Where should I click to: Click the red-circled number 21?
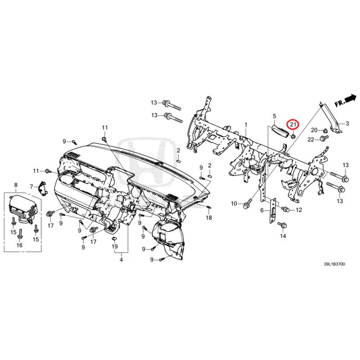point(294,125)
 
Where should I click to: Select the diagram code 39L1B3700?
point(334,264)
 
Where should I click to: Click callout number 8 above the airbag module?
point(16,185)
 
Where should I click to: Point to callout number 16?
point(19,245)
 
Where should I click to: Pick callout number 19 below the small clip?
point(115,246)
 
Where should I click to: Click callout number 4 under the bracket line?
point(121,260)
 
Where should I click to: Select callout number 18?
point(209,217)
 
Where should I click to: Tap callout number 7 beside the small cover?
point(31,186)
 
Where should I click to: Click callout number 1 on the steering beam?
point(246,125)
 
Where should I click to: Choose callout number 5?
point(274,116)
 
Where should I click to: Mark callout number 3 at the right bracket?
point(347,123)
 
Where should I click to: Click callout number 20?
point(314,130)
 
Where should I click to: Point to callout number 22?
point(311,139)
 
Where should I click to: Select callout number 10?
point(234,203)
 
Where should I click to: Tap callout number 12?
point(299,210)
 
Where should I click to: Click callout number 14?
point(283,236)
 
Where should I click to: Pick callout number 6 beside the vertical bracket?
point(262,210)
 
